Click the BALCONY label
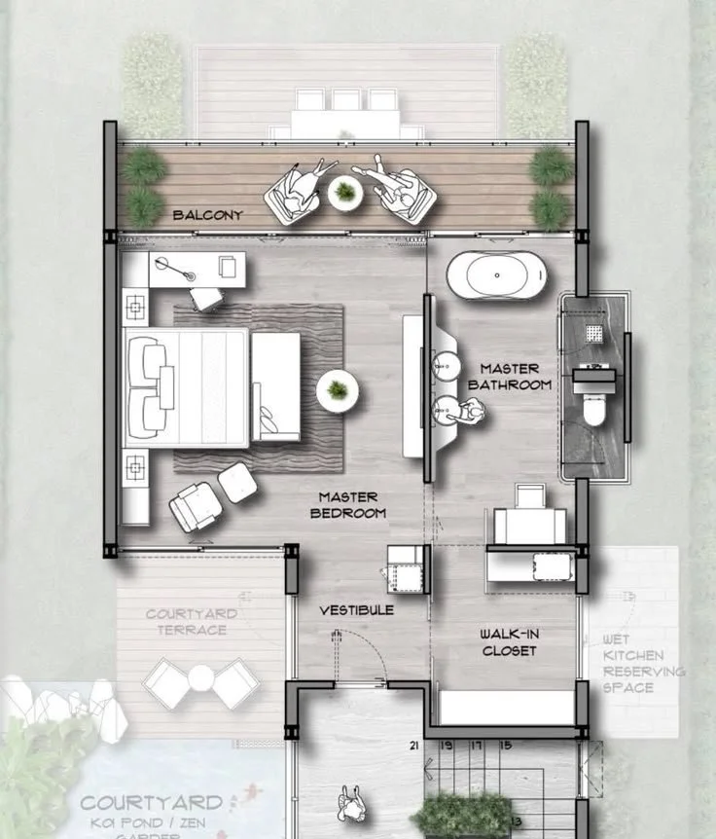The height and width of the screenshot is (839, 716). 207,215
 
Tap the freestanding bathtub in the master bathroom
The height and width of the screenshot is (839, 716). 497,275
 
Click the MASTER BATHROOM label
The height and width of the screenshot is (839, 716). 509,376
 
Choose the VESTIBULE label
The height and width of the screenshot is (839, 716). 357,610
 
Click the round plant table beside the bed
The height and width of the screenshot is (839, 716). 337,391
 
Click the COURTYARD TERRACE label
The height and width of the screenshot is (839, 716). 186,622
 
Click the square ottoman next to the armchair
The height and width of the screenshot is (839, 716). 236,483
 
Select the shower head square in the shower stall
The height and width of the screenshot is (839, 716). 593,334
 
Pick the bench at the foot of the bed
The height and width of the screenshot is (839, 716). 275,385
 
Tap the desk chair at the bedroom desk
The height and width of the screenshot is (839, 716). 206,298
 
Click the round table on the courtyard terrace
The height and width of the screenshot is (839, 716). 199,679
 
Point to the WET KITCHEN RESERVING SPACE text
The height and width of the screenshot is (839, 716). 642,664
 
